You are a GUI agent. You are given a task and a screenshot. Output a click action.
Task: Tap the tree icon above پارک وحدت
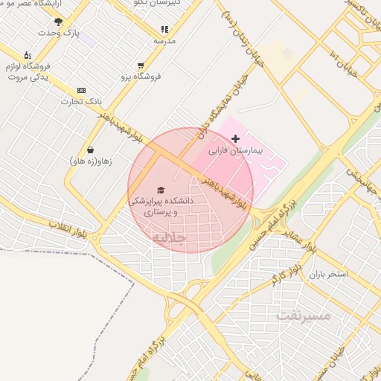point(59,22)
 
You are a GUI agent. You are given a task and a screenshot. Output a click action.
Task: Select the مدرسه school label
point(164,40)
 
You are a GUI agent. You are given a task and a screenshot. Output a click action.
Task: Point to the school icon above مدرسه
point(164,29)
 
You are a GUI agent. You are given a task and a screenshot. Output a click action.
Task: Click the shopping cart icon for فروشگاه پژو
point(141,65)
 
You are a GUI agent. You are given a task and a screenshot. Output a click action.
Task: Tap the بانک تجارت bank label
point(81,101)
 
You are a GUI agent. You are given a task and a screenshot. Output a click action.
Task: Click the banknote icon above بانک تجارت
point(81,90)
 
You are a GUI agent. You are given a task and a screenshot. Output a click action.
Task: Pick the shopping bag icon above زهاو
point(90,150)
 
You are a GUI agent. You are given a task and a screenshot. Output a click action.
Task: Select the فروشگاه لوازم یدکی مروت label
point(28,72)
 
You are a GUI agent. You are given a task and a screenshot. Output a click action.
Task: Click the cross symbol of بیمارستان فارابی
point(236,138)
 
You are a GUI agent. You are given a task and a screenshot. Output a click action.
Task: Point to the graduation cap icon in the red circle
point(161,190)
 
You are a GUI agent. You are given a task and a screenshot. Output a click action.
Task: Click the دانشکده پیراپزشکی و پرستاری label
point(161,206)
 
